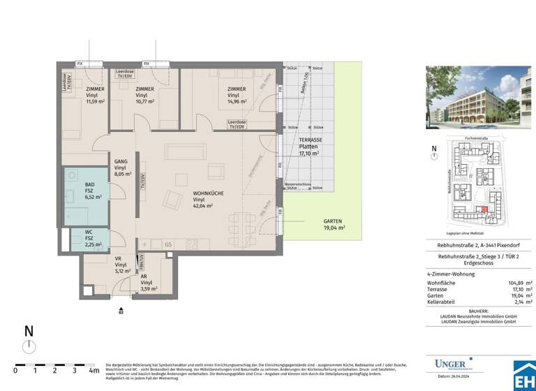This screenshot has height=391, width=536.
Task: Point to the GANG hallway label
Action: point(120,162)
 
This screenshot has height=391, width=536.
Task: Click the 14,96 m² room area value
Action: point(238,102)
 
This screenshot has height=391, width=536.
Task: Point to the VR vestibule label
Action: point(119,259)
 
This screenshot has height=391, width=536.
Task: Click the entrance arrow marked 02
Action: point(121,310)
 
